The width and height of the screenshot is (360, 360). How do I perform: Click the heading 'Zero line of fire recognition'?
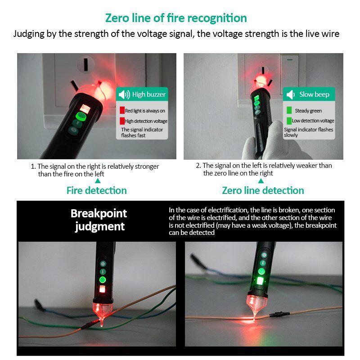176,18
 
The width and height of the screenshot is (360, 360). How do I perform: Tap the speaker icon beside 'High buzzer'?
124,94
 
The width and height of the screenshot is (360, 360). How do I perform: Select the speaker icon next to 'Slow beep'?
290,94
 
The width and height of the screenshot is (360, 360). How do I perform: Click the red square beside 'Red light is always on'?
122,110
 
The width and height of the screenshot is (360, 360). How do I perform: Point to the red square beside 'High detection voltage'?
122,121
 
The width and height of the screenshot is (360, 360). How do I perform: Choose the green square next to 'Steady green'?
289,110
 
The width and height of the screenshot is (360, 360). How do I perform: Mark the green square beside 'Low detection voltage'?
289,121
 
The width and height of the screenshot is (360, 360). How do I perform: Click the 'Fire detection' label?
97,190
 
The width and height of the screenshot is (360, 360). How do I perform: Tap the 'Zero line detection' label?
263,190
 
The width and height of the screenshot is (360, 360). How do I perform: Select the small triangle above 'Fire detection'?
98,181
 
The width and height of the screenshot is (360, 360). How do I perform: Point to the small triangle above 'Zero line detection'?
261,181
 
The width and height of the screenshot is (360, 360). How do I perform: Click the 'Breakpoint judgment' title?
99,220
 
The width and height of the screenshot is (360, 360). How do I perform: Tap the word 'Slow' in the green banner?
306,94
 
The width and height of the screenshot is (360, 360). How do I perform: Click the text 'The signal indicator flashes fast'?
142,132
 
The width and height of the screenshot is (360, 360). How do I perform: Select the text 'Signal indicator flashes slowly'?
308,132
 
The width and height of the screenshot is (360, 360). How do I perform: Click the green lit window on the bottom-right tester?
260,281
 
